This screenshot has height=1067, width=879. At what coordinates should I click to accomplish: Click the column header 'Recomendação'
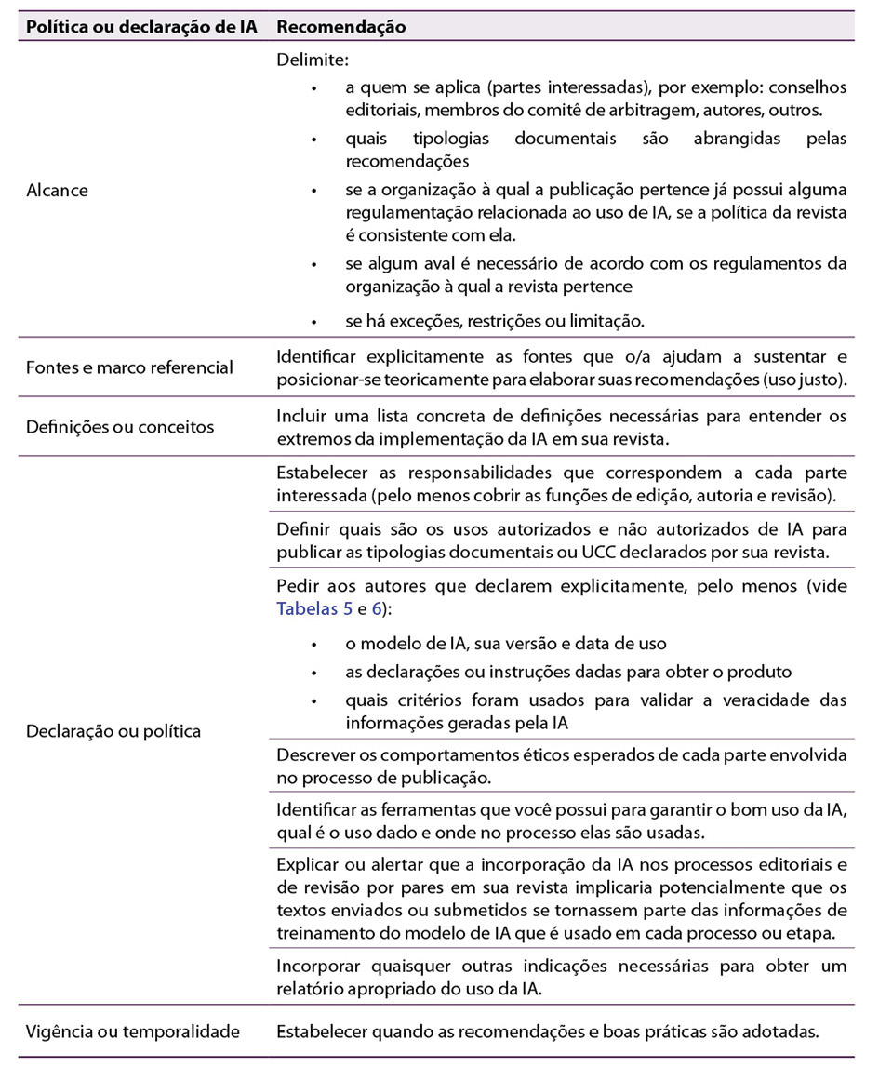[341, 27]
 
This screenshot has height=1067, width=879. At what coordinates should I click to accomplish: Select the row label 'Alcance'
[58, 190]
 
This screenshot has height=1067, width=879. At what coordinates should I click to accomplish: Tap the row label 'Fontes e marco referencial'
[129, 367]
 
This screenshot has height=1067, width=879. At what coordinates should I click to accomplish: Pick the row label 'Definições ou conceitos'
[120, 427]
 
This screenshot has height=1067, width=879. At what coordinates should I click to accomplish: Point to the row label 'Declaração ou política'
[113, 730]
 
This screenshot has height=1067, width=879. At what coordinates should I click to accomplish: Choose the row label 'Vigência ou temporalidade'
[133, 1031]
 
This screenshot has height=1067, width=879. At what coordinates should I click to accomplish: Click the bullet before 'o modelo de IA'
[315, 644]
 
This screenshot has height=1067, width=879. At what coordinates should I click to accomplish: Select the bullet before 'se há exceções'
[315, 321]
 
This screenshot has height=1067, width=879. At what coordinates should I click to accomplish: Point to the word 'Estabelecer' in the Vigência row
[319, 1031]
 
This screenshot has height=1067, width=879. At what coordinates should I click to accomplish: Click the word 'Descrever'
[313, 754]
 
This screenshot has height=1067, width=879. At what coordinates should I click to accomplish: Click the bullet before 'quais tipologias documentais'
[315, 139]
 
